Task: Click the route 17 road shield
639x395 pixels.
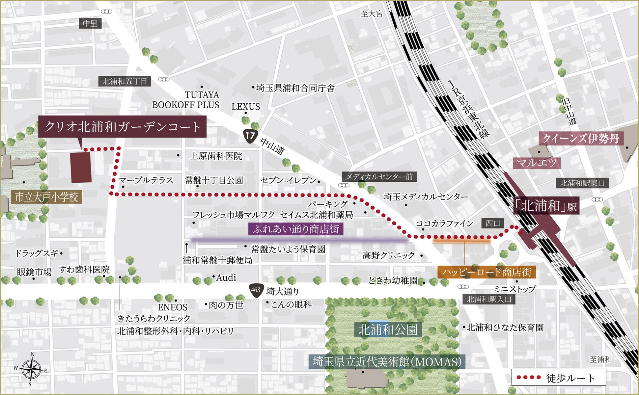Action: [250, 136]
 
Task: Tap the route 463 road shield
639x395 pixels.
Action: [256, 290]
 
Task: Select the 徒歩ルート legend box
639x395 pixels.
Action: [559, 378]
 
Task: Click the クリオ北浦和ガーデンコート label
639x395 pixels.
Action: [122, 126]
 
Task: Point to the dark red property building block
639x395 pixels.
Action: [81, 167]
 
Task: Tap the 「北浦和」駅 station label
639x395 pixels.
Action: [546, 206]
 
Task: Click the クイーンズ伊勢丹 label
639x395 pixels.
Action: [581, 139]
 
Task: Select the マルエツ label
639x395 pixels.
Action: [537, 163]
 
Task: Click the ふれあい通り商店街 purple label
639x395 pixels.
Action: [295, 229]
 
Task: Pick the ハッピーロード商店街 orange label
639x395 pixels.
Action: [486, 272]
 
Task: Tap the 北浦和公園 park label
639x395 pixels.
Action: [388, 329]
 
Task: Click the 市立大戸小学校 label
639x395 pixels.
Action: [46, 197]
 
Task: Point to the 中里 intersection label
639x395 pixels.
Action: [90, 23]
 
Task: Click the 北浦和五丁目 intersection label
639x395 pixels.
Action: [125, 81]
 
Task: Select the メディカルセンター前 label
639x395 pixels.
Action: [379, 177]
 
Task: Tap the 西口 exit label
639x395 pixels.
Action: [493, 223]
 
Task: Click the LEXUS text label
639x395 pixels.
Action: [245, 107]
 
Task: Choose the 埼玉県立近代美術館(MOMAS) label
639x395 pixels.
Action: [387, 362]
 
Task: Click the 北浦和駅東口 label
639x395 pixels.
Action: [582, 183]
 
